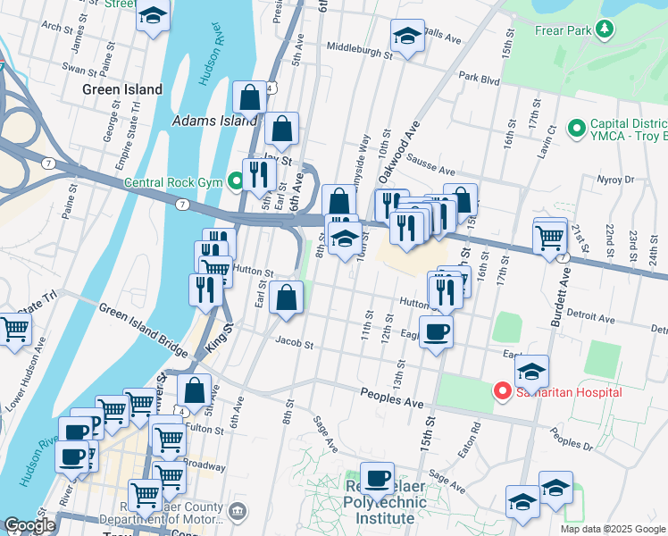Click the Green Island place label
[122, 89]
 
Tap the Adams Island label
[214, 121]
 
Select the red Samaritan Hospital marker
[502, 391]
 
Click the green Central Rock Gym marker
[235, 184]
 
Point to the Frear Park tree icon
[605, 29]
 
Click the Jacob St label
[295, 343]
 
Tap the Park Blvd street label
[479, 77]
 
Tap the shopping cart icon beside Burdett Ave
[550, 237]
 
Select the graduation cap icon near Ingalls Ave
[407, 37]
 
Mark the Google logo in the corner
[29, 525]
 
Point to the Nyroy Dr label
[614, 180]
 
